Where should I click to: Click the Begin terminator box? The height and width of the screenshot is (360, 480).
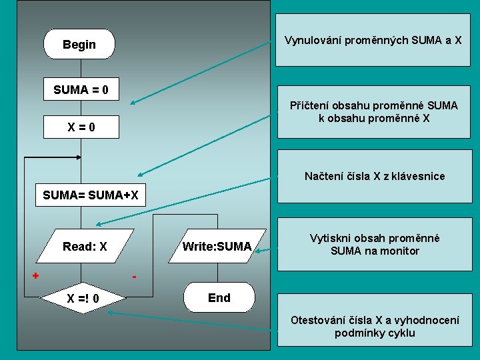point(79,45)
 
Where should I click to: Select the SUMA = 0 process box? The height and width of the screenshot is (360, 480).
point(81,89)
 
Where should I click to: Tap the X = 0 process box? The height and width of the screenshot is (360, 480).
point(81,127)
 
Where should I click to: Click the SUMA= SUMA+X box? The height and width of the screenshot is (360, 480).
point(91,195)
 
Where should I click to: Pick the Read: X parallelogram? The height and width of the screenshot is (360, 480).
point(85,247)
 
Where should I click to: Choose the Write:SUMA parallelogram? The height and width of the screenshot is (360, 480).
point(217,247)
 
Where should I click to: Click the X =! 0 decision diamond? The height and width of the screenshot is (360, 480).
point(83,297)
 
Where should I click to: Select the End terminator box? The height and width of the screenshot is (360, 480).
point(219,298)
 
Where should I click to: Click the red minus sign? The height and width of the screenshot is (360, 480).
point(134,276)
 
